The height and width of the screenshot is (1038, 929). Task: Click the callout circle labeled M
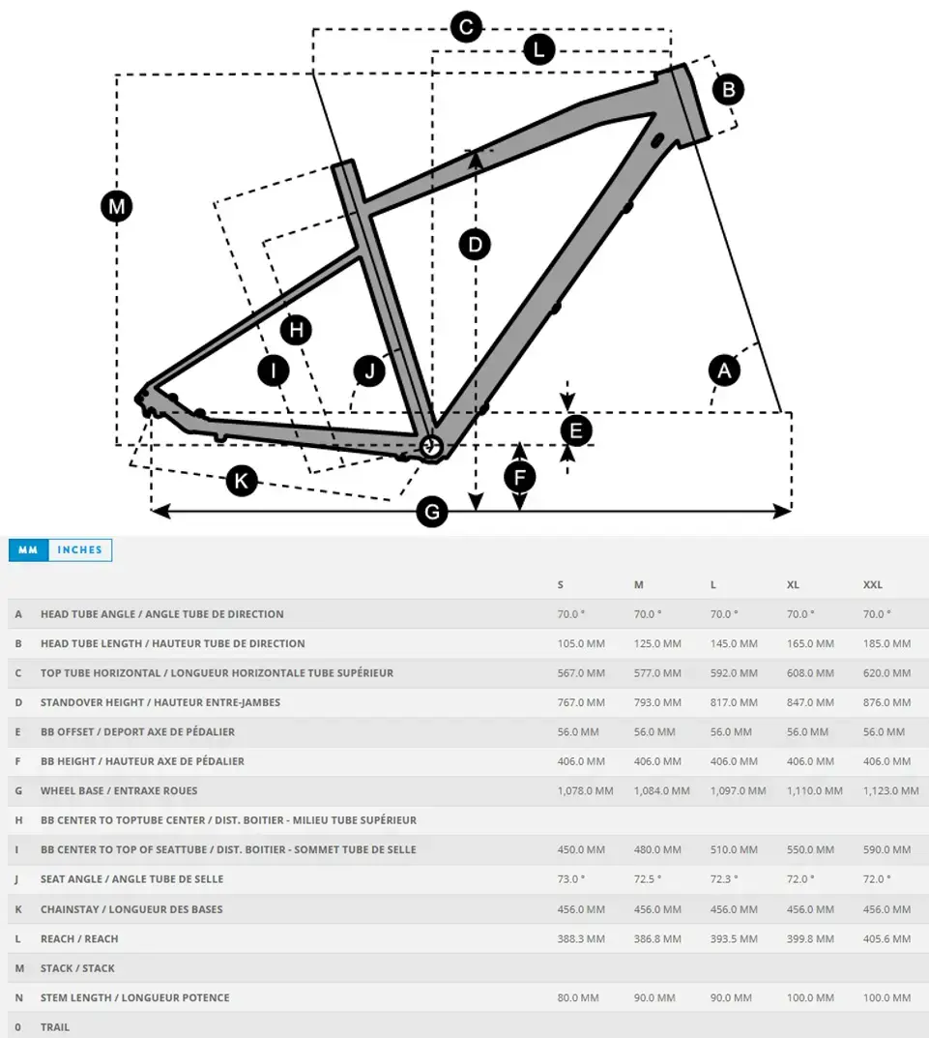(117, 206)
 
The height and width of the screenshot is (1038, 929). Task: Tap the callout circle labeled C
(466, 26)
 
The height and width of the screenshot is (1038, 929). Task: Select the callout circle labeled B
(729, 90)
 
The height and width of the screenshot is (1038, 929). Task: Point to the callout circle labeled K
(241, 480)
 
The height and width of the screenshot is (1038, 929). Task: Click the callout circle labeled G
(432, 512)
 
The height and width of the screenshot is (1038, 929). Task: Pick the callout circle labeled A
(723, 370)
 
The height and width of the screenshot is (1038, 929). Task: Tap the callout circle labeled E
(576, 430)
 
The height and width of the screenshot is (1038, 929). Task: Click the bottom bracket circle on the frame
(430, 447)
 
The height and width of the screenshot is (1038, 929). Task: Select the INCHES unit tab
(79, 549)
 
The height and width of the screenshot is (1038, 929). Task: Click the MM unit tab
(28, 549)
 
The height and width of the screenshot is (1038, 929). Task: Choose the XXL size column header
(873, 585)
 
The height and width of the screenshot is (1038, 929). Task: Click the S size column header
(561, 585)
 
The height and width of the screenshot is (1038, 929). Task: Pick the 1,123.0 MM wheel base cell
(890, 791)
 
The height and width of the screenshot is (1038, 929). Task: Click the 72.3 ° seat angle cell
(724, 879)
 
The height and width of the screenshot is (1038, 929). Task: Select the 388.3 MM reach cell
(581, 938)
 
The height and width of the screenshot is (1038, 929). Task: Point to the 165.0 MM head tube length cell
(810, 643)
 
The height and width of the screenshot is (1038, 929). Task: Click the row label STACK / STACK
(77, 968)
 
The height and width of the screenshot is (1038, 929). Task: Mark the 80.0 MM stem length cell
(578, 997)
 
